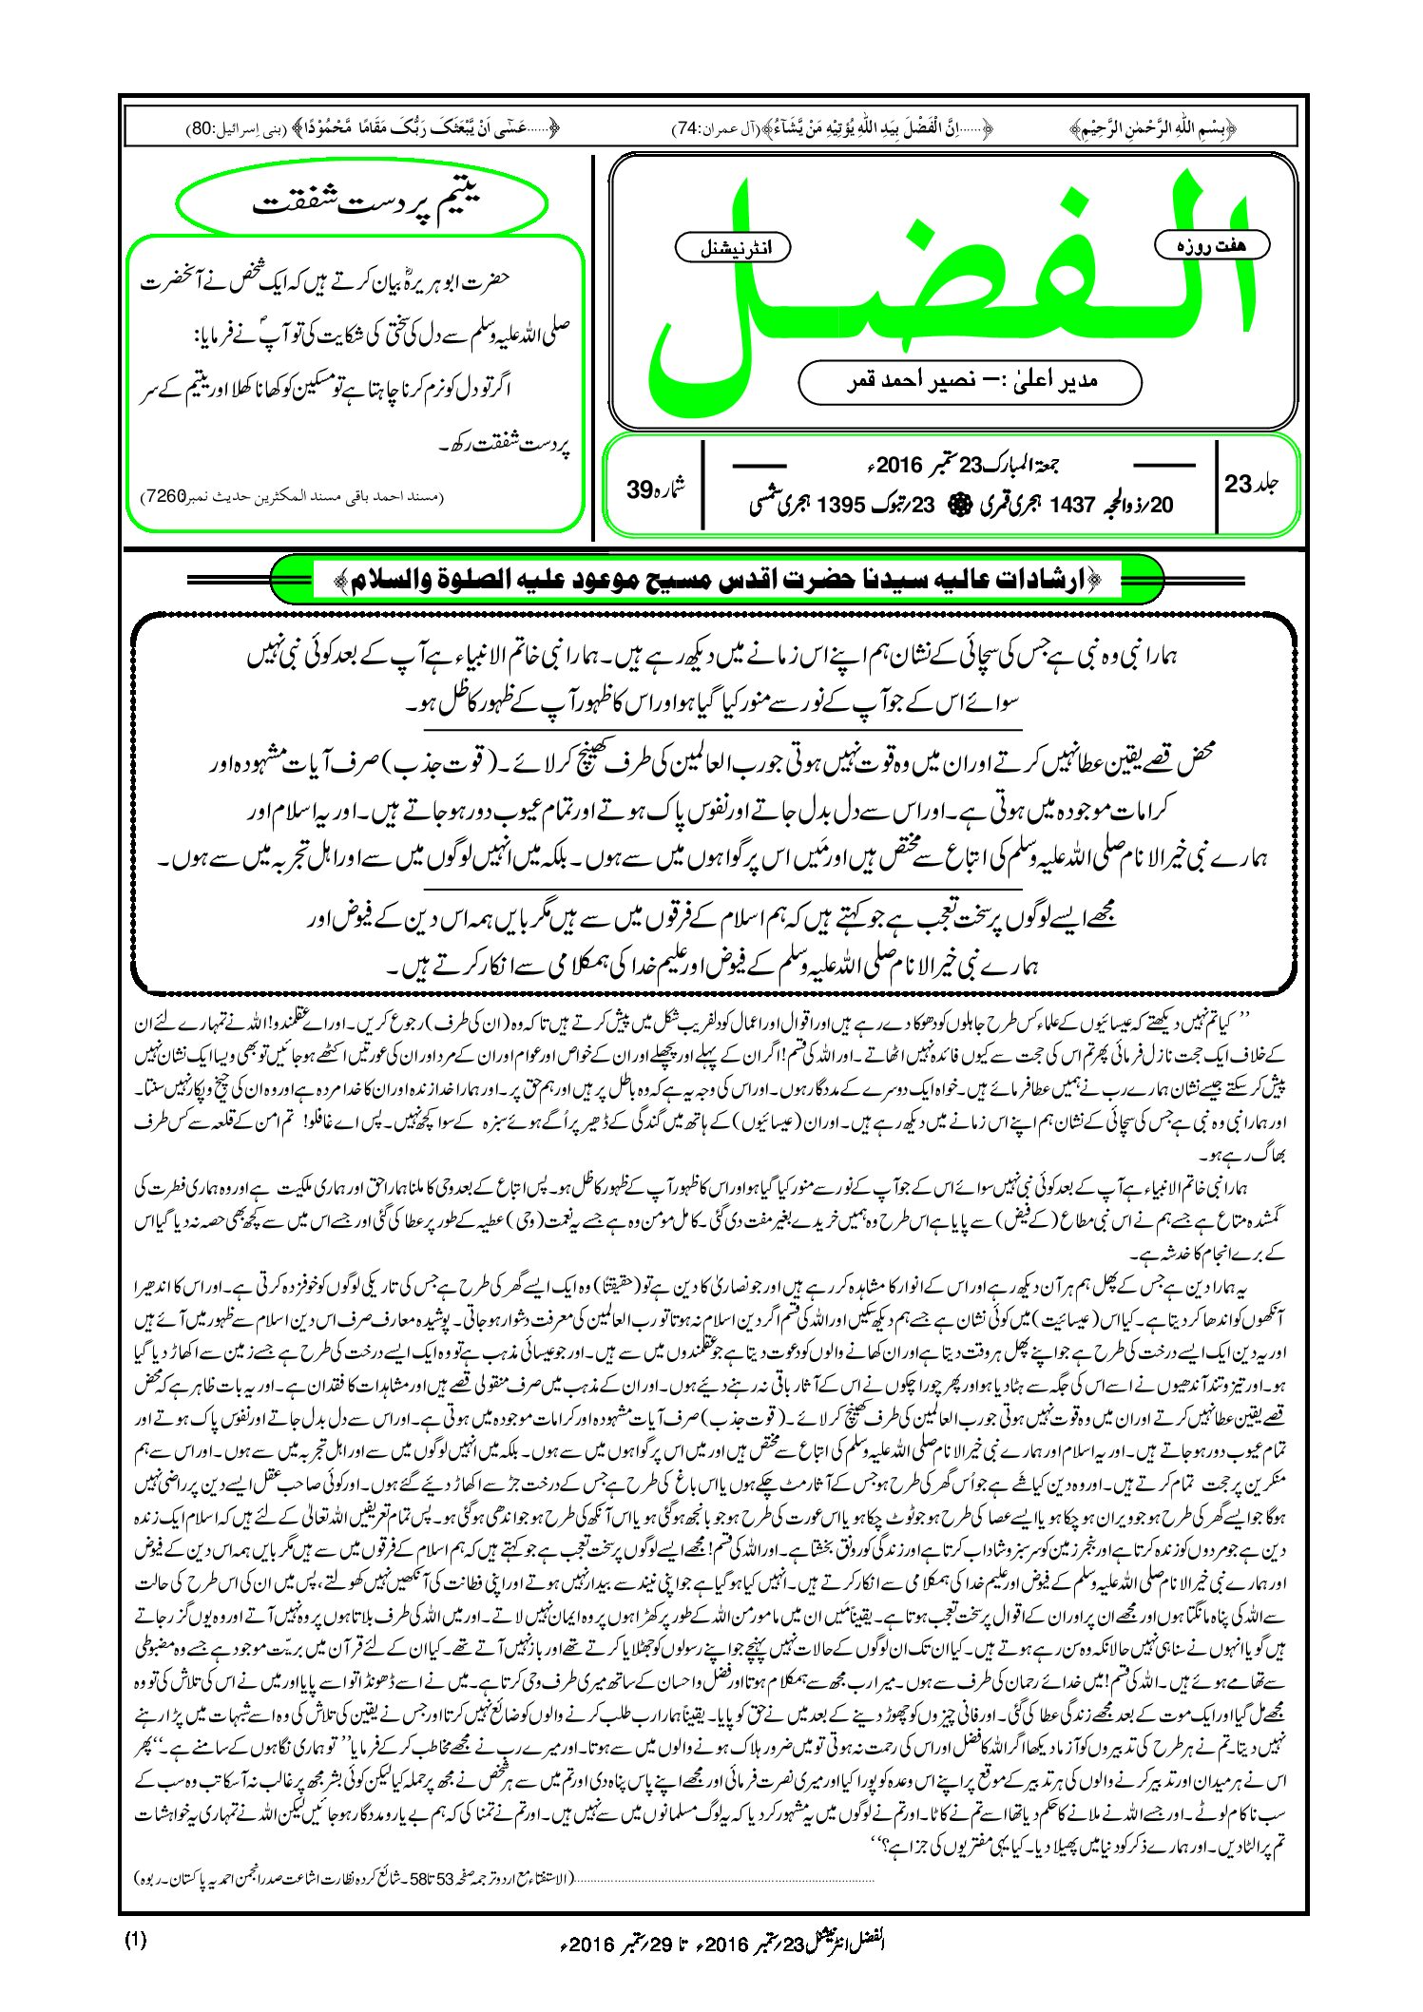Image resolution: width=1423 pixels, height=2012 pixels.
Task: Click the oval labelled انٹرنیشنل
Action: click(733, 248)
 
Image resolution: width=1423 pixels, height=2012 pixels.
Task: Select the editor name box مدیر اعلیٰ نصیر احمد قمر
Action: click(970, 381)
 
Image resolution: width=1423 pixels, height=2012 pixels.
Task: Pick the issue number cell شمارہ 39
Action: click(656, 489)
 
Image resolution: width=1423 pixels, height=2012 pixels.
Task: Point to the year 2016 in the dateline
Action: click(899, 466)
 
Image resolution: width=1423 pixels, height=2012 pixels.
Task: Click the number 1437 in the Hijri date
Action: click(1072, 505)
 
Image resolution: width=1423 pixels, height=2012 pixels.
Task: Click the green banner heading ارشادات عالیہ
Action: click(717, 580)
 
